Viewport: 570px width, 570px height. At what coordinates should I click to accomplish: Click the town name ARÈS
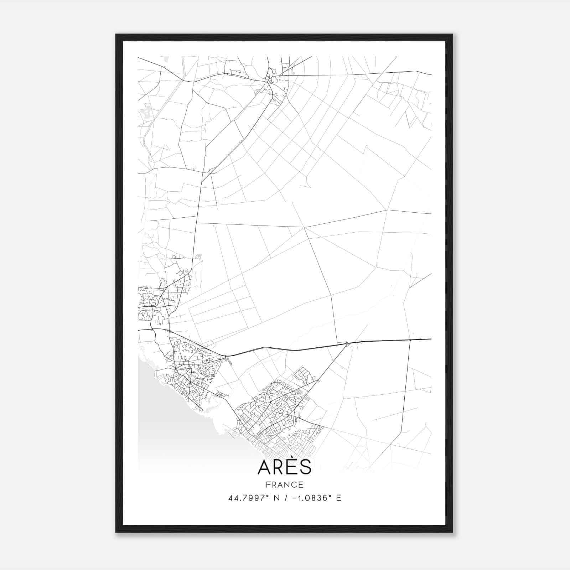coord(284,467)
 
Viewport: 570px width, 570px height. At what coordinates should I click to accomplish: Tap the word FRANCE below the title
coord(284,484)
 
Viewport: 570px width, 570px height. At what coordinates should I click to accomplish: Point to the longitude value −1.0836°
coord(312,498)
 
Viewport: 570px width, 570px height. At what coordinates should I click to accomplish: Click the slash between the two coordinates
coord(286,498)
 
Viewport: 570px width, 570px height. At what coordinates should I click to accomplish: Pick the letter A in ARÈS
coord(264,467)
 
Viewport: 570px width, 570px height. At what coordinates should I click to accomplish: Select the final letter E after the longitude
coord(339,498)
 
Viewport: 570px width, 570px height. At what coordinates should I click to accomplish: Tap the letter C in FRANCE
coord(294,484)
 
